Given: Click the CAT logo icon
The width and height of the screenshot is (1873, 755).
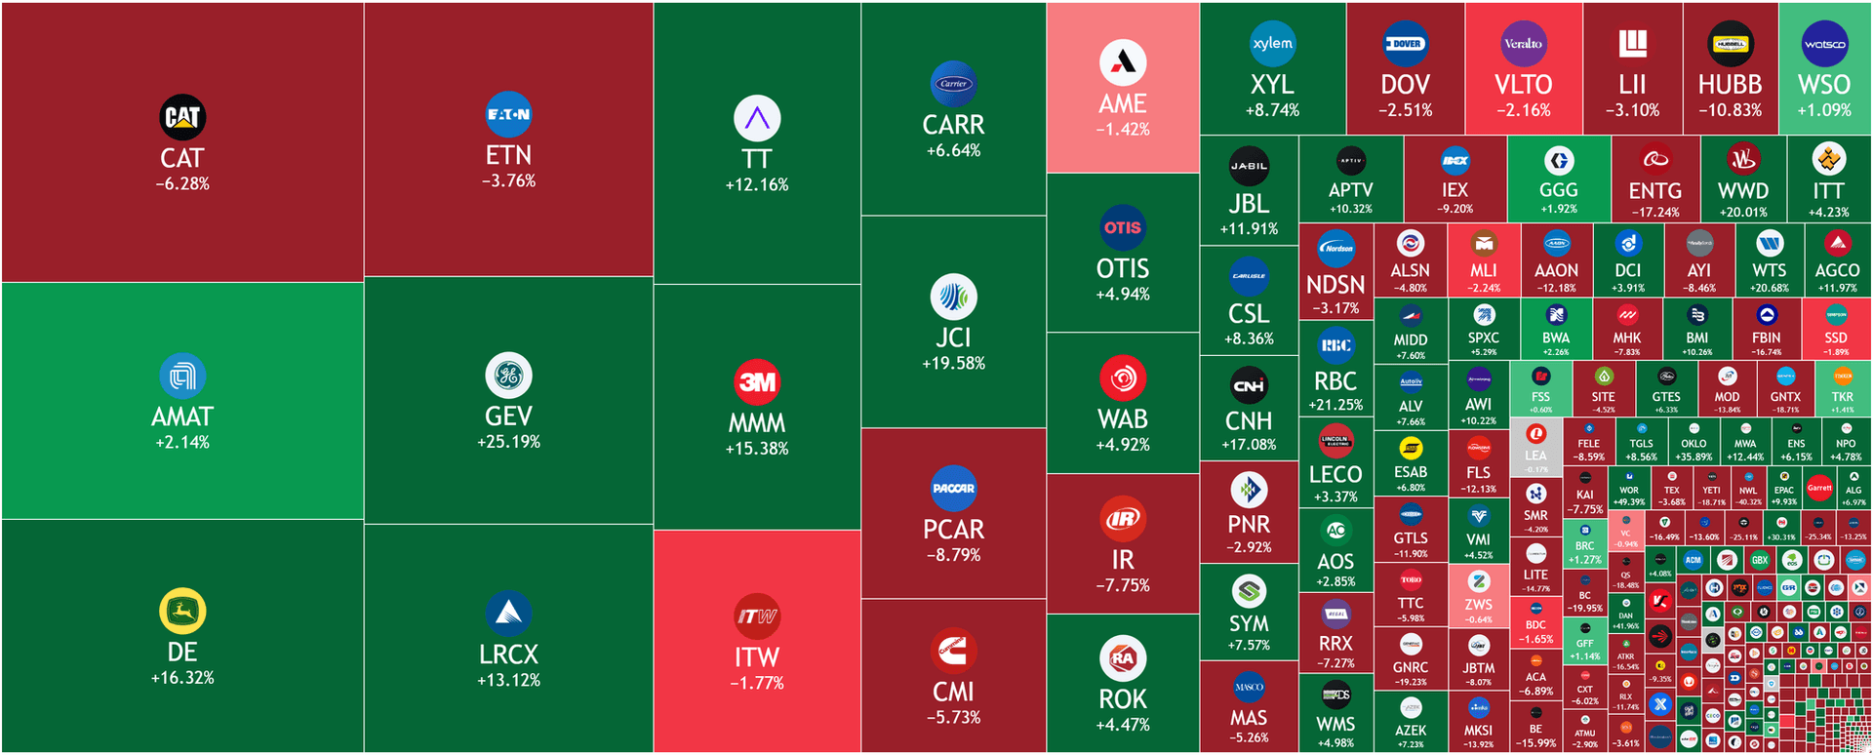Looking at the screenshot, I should pos(182,117).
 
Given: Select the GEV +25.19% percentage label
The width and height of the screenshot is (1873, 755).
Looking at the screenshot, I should pos(508,442).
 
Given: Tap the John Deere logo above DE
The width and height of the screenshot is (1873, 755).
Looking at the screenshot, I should pos(182,612).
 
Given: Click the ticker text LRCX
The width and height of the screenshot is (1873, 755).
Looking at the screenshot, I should pos(508,654).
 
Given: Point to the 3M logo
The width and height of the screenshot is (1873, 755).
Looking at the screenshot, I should pos(757,381).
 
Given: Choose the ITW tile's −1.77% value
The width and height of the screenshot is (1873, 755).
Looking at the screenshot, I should pos(757,683).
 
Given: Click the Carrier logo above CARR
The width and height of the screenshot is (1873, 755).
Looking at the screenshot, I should pos(953,84).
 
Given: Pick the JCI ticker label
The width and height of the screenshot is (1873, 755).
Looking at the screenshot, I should pos(953,338).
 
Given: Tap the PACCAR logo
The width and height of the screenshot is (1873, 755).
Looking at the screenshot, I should pos(953,488).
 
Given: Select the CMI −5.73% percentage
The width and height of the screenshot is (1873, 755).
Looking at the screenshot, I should pos(953,717).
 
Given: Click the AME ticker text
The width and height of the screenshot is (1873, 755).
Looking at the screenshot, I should pos(1123,103).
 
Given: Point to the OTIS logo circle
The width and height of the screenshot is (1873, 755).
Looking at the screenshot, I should pos(1123,227).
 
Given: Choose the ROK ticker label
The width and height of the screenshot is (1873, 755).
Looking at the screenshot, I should pos(1123,699).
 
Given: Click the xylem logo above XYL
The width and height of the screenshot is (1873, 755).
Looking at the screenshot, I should pos(1272,44).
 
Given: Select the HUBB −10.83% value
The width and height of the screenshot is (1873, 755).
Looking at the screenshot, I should pos(1730,110).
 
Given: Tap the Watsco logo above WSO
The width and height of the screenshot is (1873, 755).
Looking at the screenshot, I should pos(1824,44).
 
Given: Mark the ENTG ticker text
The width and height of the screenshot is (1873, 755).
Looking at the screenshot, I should pos(1655,190).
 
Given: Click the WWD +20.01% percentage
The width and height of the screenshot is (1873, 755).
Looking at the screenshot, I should pos(1743,212).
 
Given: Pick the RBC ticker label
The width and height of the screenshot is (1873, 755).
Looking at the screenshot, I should pos(1335,380).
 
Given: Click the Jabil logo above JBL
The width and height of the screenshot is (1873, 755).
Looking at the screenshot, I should pos(1249,166).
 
